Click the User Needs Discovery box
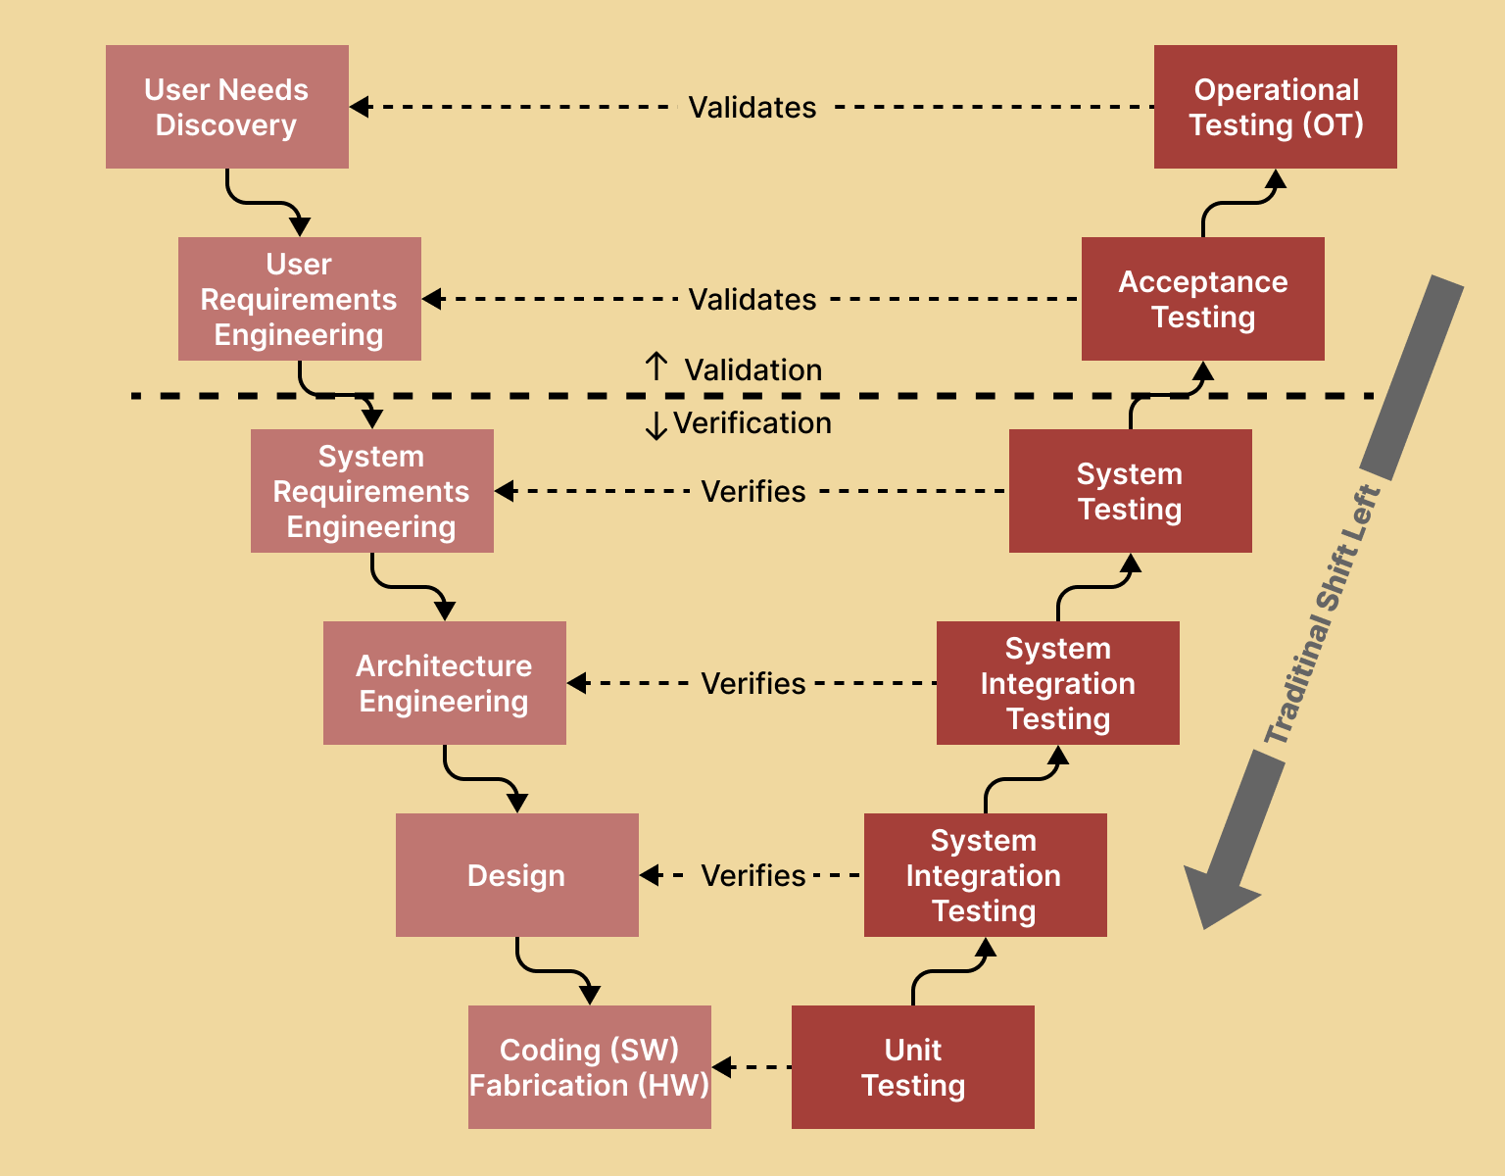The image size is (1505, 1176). (226, 107)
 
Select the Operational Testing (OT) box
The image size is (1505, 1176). (1275, 107)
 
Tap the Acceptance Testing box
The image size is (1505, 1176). (1202, 299)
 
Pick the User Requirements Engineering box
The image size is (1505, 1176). (299, 299)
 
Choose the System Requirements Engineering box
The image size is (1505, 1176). (371, 491)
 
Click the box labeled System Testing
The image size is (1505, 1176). (1130, 491)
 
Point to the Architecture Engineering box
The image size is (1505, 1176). (444, 683)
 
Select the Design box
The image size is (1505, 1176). (516, 875)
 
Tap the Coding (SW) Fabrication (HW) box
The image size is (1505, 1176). (589, 1067)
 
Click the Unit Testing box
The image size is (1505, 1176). (912, 1067)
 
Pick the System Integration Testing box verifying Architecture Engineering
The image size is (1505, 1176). (1057, 683)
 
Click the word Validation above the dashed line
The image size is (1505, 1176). (752, 369)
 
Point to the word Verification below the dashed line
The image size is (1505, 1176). (752, 422)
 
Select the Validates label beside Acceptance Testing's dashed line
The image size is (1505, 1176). (752, 299)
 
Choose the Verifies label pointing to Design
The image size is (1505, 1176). (752, 875)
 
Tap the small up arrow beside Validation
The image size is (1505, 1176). (656, 367)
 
